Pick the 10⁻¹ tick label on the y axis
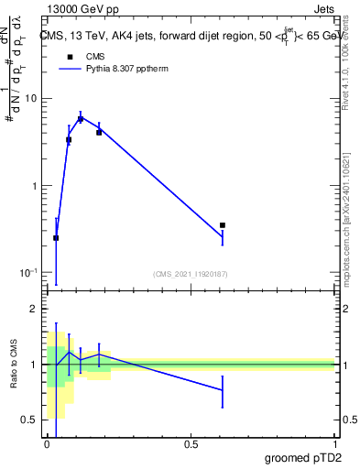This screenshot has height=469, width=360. (28, 273)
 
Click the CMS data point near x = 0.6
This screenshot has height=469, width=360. (222, 224)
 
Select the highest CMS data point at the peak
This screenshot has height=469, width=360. (81, 119)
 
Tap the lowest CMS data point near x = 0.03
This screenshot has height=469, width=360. (56, 238)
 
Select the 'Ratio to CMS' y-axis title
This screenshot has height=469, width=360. (14, 365)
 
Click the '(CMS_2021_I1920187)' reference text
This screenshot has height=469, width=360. (190, 273)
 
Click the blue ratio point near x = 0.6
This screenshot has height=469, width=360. (222, 390)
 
